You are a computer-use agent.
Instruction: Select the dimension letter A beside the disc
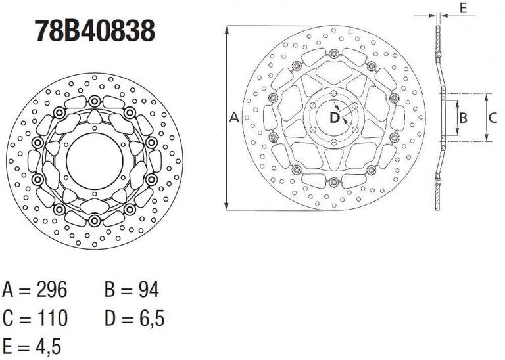coord(233,118)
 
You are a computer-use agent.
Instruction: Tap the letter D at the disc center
coord(334,118)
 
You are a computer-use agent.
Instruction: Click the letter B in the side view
coord(463,118)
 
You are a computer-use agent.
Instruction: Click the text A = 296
coord(35,289)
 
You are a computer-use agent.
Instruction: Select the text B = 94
coord(132,289)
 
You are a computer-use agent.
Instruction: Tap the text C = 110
coord(35,319)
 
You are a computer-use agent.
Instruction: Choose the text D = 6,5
coord(134,319)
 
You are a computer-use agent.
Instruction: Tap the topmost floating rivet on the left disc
coord(95,101)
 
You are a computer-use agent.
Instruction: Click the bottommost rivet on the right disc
coord(334,182)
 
